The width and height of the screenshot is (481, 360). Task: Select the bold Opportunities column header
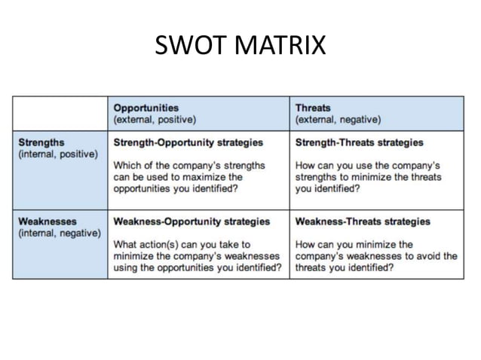(x=146, y=108)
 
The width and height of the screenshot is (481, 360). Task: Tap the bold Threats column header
(x=313, y=108)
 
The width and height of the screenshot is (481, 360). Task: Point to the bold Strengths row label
(x=41, y=142)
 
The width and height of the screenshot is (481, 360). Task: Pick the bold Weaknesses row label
(x=46, y=221)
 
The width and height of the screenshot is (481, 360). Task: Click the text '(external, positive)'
(x=155, y=119)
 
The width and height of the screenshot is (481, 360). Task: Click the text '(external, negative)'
(x=338, y=119)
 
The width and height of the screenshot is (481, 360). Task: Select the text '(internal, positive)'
(x=57, y=154)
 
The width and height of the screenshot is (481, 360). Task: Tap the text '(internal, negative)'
(x=59, y=233)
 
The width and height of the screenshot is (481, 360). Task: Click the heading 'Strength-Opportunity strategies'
(x=188, y=142)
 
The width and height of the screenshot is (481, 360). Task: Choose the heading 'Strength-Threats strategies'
(x=359, y=142)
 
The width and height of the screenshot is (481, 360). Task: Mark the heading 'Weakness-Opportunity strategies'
(x=191, y=221)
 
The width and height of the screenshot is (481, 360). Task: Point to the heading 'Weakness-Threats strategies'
(x=363, y=221)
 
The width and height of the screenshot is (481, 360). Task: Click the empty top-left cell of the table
(x=60, y=113)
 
